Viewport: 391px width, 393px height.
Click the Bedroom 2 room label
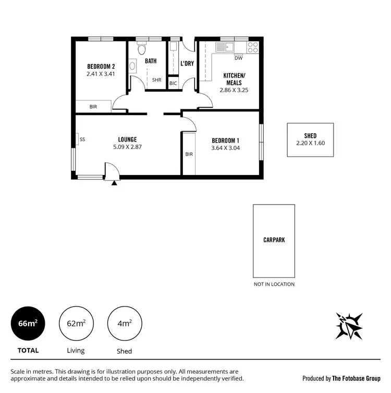coord(101,66)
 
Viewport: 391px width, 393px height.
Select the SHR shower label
coord(157,80)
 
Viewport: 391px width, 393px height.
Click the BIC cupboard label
coord(173,83)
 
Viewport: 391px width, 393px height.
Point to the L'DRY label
coord(187,64)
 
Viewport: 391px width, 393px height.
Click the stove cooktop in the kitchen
coord(253,47)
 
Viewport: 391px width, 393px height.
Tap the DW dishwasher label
coord(238,58)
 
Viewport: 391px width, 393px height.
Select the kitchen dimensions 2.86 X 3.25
coord(234,90)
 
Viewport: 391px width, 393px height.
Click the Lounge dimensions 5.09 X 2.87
coord(127,147)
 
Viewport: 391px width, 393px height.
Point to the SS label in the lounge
coord(82,140)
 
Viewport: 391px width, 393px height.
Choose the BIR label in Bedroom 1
coord(189,154)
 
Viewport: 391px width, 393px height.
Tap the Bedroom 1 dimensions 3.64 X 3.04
coord(225,148)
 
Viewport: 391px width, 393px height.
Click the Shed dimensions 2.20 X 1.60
coord(310,143)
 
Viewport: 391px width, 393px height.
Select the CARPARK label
coord(274,240)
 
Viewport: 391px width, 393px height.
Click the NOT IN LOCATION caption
coord(274,284)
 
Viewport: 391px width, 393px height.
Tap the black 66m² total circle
coord(28,323)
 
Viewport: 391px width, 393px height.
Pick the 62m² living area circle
coord(76,323)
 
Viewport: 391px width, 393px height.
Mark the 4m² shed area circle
coord(124,323)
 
